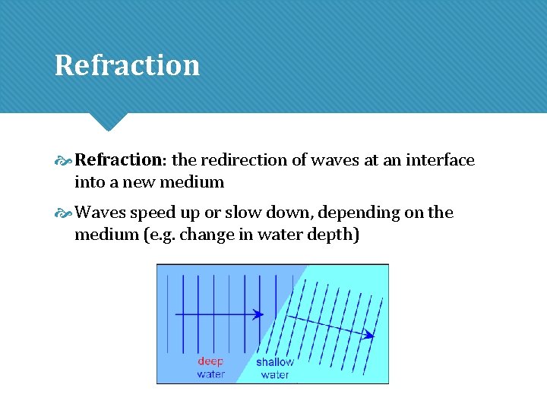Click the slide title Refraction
click(127, 65)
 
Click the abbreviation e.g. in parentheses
click(163, 235)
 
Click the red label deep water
click(210, 368)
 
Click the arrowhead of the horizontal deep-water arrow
click(259, 314)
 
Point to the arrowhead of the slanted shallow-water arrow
click(370, 334)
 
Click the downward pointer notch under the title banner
click(109, 121)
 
